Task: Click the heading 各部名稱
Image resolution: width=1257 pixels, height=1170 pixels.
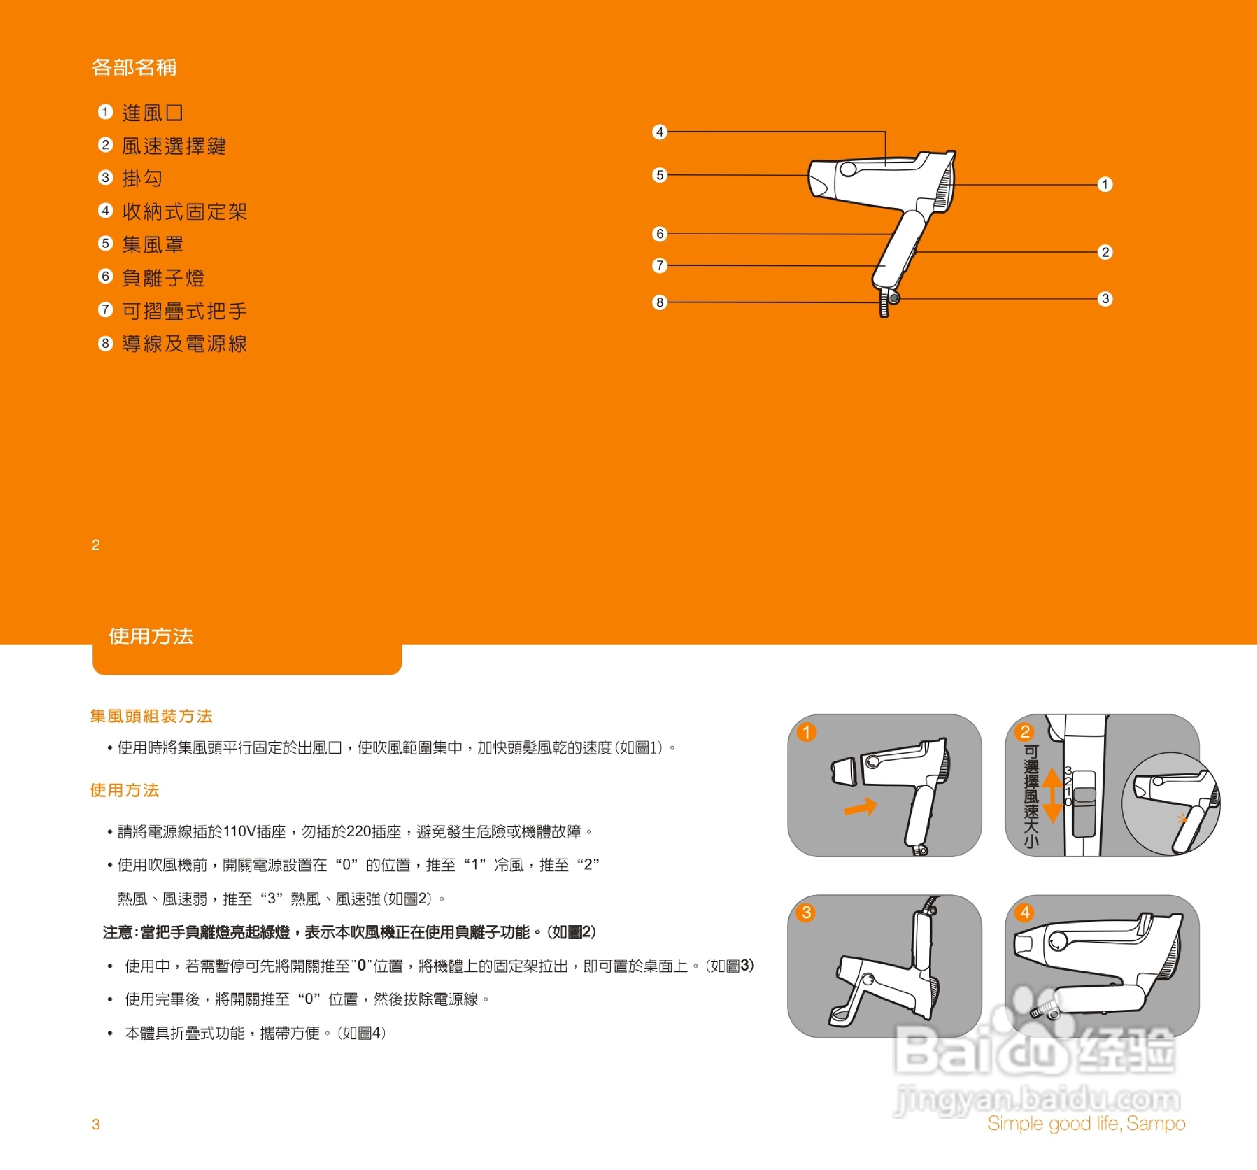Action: [134, 67]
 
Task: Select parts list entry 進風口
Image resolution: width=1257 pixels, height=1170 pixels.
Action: [152, 113]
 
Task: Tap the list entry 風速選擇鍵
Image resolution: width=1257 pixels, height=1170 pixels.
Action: [174, 146]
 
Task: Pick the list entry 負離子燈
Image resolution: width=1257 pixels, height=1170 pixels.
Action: [163, 277]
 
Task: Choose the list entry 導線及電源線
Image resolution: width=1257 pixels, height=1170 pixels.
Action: [184, 344]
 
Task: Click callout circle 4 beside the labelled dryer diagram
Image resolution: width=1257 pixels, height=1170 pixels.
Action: [660, 132]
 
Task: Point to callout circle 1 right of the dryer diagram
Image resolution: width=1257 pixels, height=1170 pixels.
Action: [1105, 185]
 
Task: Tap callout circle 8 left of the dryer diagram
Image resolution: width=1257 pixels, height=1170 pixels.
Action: [660, 302]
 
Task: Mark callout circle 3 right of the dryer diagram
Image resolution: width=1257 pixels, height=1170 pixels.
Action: [1105, 298]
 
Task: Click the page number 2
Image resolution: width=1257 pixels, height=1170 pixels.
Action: [95, 545]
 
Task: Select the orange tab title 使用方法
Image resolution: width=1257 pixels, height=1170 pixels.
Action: [151, 636]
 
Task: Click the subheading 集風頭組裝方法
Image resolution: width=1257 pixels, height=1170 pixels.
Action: [151, 716]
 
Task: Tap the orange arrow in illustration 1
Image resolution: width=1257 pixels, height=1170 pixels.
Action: [861, 807]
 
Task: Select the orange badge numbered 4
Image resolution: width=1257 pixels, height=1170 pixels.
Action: [1025, 912]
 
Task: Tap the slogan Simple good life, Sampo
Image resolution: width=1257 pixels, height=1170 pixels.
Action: [1086, 1123]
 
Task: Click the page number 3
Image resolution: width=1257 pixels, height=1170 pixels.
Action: [95, 1124]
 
